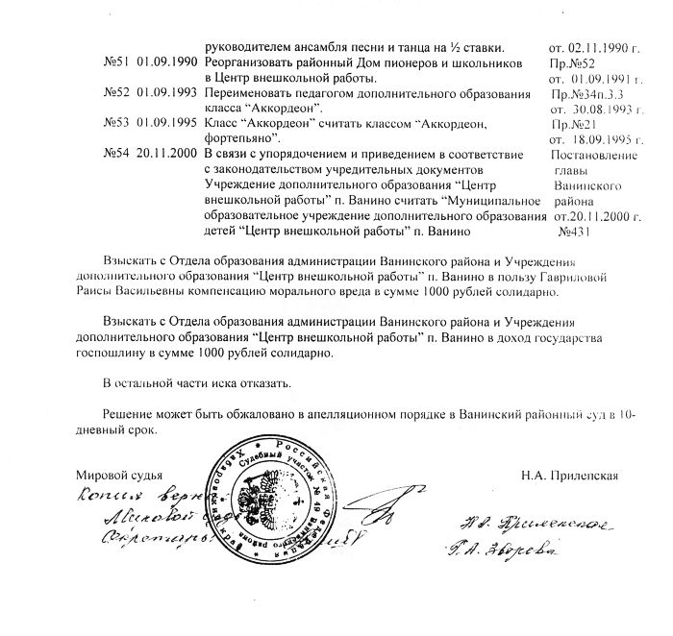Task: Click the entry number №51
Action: (x=116, y=62)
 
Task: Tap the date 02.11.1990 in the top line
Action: (x=586, y=47)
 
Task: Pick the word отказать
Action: (x=261, y=383)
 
